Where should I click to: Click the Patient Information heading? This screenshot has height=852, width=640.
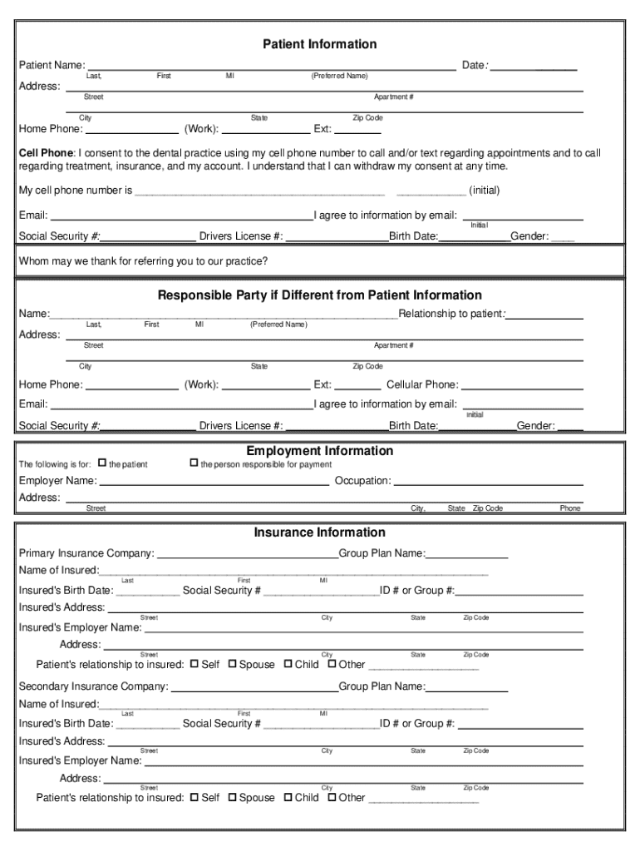pos(319,44)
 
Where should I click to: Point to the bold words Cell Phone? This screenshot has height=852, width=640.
pos(47,154)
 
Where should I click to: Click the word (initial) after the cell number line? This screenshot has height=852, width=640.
pos(484,191)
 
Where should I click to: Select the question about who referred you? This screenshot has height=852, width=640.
pos(143,261)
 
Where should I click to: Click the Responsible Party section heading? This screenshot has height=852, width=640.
pos(319,295)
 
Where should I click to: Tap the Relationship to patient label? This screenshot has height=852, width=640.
pos(452,314)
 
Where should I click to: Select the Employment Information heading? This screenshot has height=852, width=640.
pos(319,451)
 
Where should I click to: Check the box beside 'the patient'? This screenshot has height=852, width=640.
pos(102,463)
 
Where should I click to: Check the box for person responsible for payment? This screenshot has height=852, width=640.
pos(194,463)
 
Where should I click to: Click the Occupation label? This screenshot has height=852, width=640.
pos(362,481)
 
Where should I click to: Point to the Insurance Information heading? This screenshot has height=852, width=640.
pos(319,532)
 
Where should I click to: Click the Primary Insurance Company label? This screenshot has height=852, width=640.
pos(86,553)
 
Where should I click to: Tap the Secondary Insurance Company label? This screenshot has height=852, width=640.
pos(93,686)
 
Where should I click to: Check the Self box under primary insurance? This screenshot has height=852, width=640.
pos(194,664)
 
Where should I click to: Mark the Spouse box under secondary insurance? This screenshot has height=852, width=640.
pos(233,797)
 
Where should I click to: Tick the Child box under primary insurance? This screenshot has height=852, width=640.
pos(288,664)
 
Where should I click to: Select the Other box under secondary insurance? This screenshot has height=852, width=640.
pos(332,797)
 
